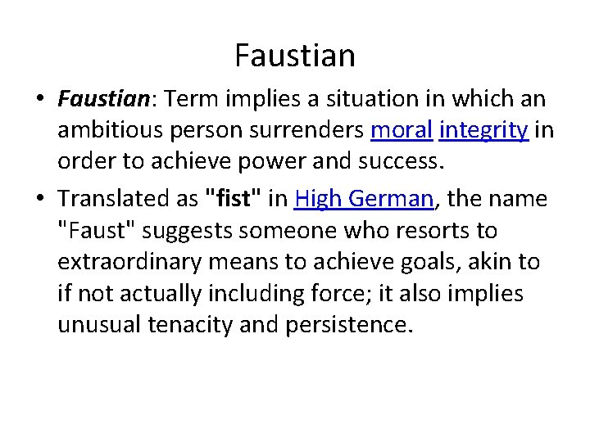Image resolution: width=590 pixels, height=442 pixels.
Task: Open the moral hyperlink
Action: pyautogui.click(x=401, y=130)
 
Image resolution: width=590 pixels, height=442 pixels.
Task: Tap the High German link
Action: pyautogui.click(x=363, y=199)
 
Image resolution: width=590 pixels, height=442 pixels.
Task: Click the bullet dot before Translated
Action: pyautogui.click(x=39, y=200)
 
